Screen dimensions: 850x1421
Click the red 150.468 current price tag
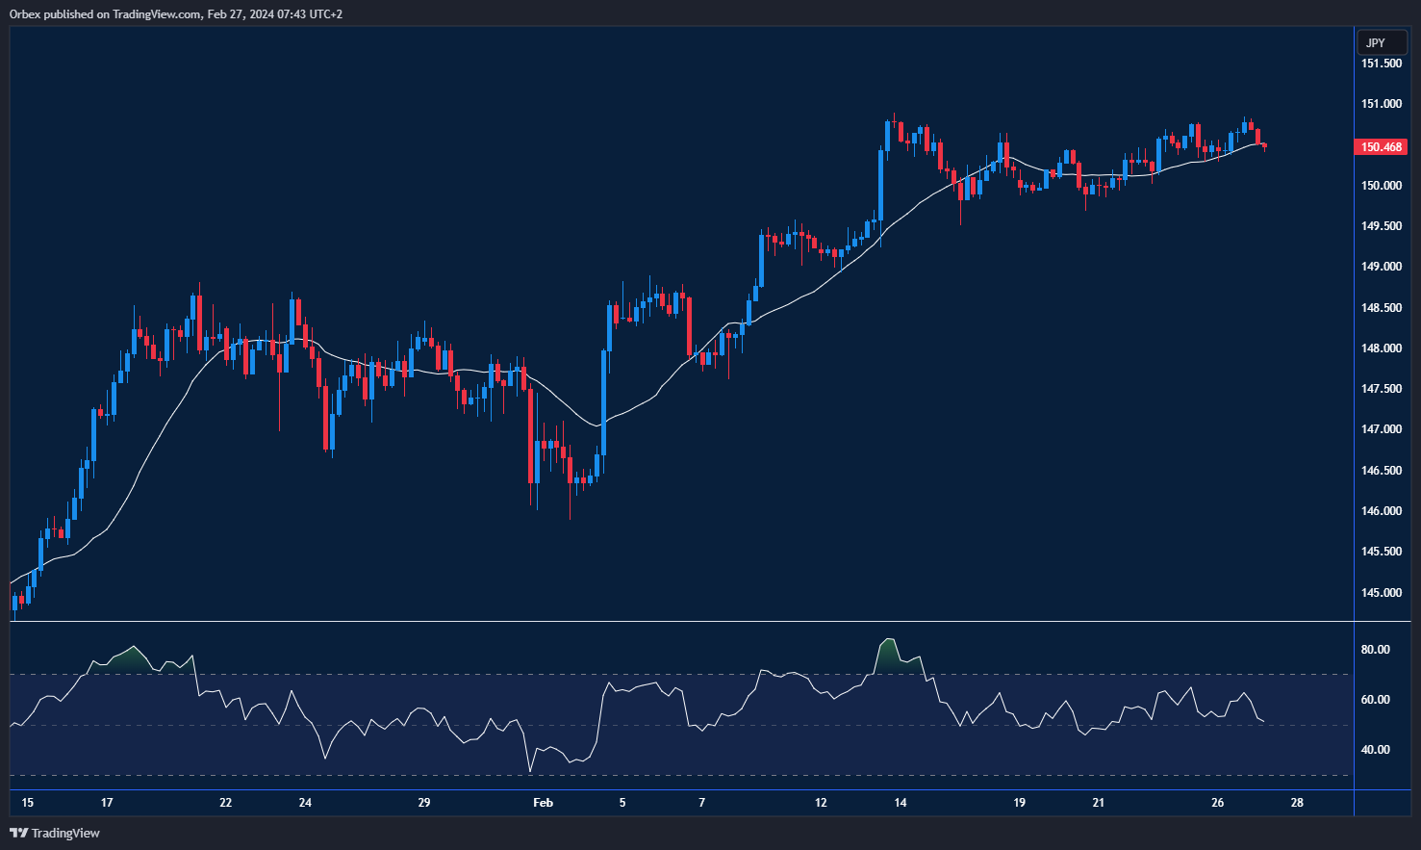[1382, 147]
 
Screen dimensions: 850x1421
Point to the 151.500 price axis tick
[1382, 64]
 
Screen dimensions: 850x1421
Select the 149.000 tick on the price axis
[1382, 267]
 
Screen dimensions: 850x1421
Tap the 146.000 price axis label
[1382, 511]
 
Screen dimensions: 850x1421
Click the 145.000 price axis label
[1382, 593]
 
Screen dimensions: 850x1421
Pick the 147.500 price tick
[1382, 389]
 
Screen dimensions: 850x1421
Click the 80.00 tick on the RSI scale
[1376, 650]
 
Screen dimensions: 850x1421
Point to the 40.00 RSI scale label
[1376, 750]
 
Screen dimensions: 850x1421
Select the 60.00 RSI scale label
[1376, 700]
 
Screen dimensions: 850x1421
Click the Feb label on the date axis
[543, 803]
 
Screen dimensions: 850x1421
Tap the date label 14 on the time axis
[901, 803]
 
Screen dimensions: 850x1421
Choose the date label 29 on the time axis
[424, 803]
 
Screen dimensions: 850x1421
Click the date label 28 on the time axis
[1297, 803]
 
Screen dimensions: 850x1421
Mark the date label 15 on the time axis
[27, 803]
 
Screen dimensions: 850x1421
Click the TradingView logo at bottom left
[55, 833]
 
